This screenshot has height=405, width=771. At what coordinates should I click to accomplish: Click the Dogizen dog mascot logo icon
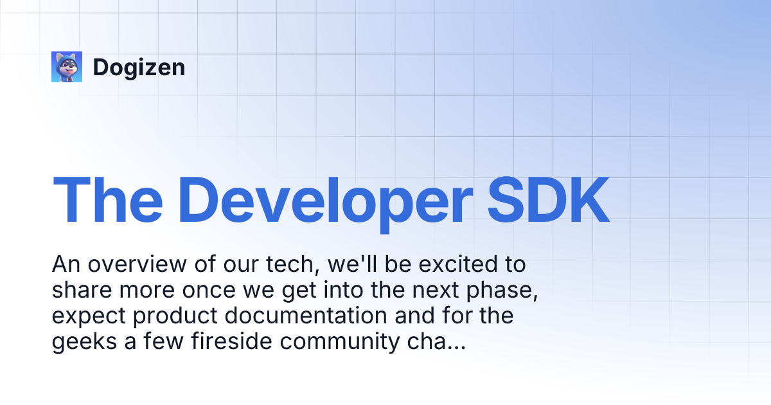pyautogui.click(x=67, y=67)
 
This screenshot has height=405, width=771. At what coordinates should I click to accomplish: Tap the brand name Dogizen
pyautogui.click(x=139, y=67)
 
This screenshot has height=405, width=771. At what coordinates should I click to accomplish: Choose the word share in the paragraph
pyautogui.click(x=81, y=291)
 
